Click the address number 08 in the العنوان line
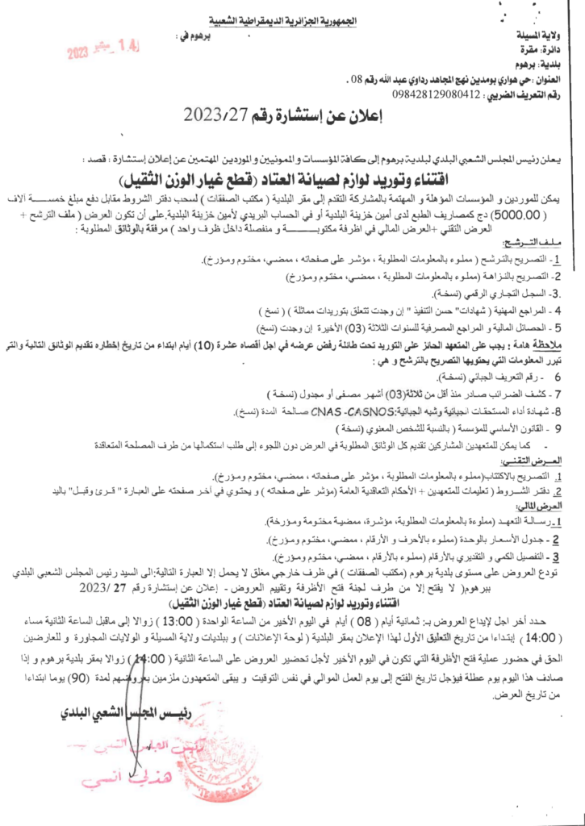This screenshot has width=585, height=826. point(345,79)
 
